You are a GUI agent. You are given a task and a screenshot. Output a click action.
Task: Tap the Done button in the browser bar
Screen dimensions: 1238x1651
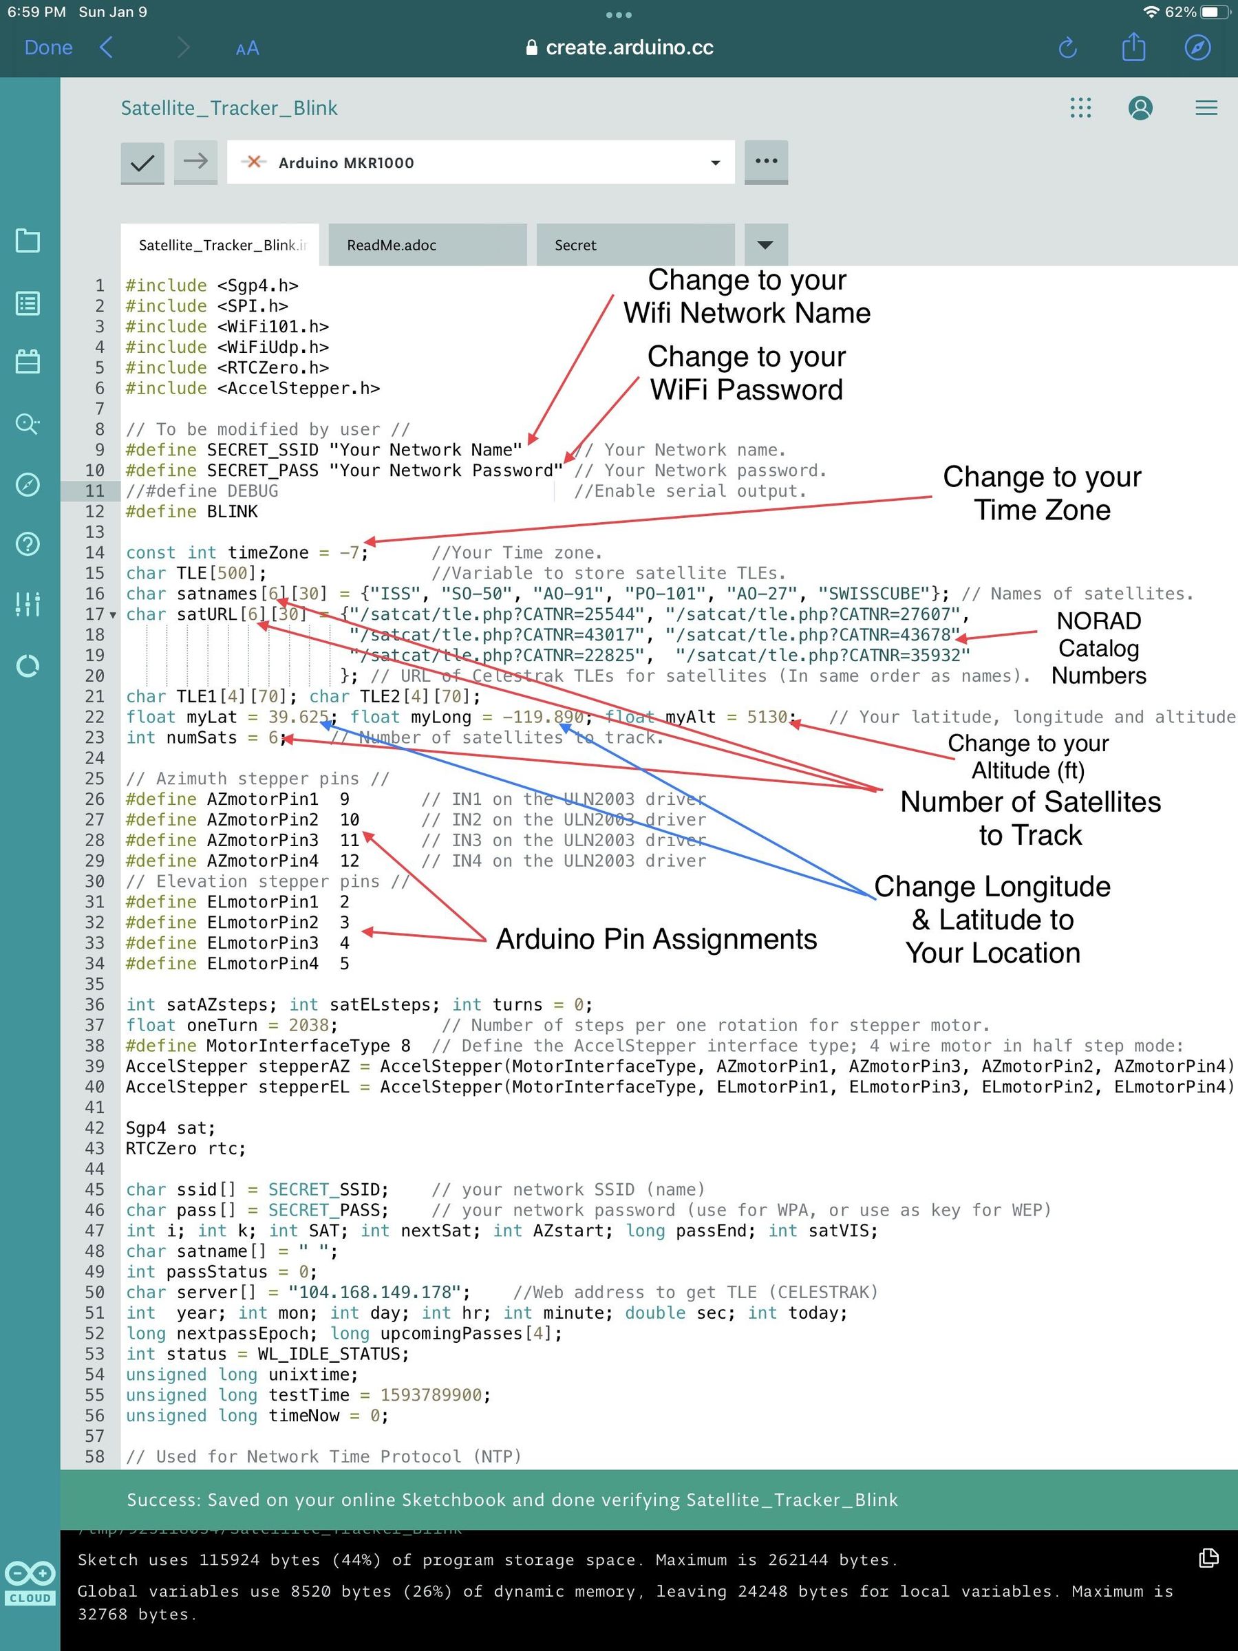(x=49, y=47)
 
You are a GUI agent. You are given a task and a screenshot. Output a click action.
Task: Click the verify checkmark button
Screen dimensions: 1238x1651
(x=142, y=162)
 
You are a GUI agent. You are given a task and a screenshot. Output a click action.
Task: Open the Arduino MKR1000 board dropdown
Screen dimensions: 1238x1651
(x=480, y=162)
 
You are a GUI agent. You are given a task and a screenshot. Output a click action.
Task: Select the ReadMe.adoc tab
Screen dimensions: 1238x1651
(x=427, y=245)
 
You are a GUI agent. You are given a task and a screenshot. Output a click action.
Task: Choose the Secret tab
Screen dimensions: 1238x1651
(x=635, y=245)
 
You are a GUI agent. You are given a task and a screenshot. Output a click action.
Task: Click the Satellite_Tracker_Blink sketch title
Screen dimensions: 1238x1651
(x=229, y=108)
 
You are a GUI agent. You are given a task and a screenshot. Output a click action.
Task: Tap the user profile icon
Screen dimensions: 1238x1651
(x=1140, y=108)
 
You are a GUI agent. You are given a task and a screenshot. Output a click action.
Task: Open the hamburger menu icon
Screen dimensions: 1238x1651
(x=1206, y=108)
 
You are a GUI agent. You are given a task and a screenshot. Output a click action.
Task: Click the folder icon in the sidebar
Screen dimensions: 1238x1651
(x=28, y=240)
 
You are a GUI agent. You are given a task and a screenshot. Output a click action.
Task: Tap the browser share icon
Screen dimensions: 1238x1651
(x=1133, y=47)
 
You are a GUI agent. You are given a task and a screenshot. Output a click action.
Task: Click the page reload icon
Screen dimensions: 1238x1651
(x=1069, y=47)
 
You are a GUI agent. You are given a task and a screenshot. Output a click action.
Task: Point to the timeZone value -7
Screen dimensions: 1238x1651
(x=350, y=553)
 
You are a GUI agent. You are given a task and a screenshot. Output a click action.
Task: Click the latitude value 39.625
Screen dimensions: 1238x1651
(x=299, y=717)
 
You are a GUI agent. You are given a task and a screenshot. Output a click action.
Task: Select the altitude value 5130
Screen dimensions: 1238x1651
(x=767, y=717)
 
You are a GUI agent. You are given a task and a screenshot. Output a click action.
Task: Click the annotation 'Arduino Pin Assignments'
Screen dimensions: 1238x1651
(x=657, y=939)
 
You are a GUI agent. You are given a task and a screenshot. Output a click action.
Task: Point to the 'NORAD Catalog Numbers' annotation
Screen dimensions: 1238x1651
(x=1098, y=648)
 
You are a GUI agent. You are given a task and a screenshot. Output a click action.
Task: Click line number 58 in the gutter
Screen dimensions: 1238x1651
(x=95, y=1457)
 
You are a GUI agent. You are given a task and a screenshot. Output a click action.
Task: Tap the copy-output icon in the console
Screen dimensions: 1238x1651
(x=1208, y=1557)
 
